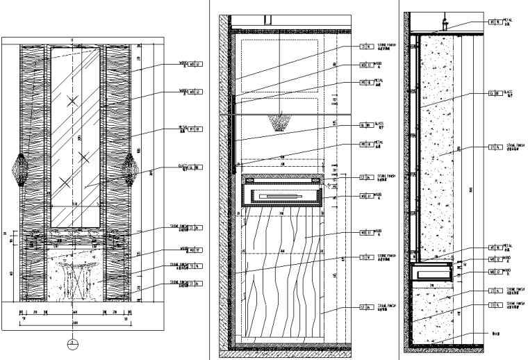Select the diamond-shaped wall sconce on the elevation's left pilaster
point(20,169)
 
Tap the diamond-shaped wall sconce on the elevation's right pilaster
point(131,169)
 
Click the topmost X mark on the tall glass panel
point(72,102)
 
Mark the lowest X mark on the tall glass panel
point(65,183)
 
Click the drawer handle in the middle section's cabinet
point(281,197)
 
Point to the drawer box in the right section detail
point(431,272)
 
